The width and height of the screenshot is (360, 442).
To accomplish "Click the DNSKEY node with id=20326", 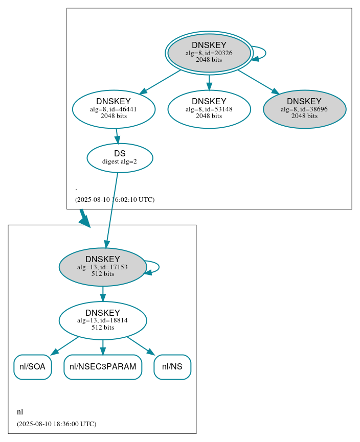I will pyautogui.click(x=209, y=53).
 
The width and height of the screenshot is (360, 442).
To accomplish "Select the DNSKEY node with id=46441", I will pyautogui.click(x=114, y=109).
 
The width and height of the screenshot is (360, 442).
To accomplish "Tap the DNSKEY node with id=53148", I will pyautogui.click(x=209, y=109).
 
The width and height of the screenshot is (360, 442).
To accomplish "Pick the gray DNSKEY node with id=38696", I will pyautogui.click(x=304, y=109).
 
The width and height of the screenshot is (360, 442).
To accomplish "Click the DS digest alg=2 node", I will pyautogui.click(x=120, y=157).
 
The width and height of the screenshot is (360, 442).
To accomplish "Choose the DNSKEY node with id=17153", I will pyautogui.click(x=102, y=267).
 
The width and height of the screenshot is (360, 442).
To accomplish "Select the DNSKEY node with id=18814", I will pyautogui.click(x=102, y=320).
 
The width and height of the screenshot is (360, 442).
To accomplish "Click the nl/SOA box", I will pyautogui.click(x=32, y=367).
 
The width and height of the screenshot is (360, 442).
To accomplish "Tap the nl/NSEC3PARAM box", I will pyautogui.click(x=102, y=367).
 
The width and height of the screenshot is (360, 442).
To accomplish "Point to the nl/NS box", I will pyautogui.click(x=172, y=367).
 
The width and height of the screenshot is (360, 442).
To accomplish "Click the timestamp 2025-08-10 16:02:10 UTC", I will pyautogui.click(x=115, y=200).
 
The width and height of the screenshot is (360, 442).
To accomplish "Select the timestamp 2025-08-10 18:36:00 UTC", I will pyautogui.click(x=56, y=424).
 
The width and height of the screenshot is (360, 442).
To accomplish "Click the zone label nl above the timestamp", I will pyautogui.click(x=20, y=412).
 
